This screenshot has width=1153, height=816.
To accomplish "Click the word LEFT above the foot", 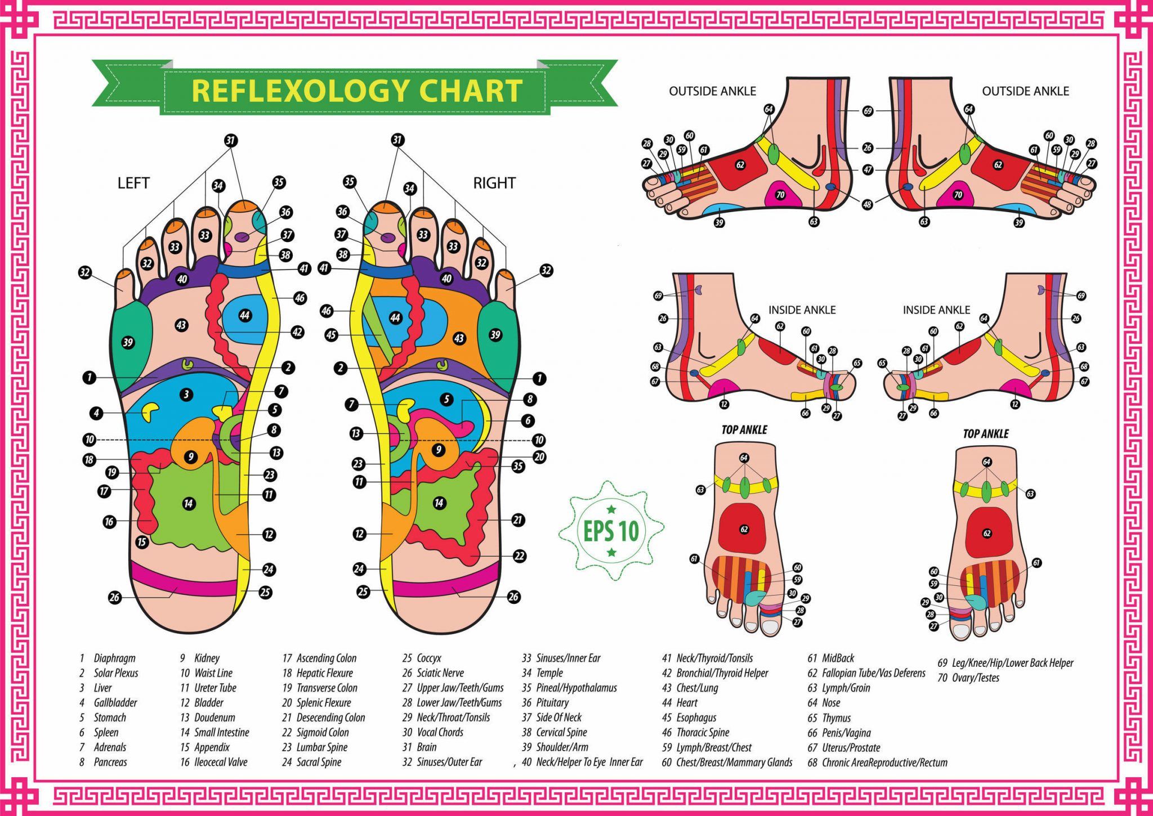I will tap(133, 183).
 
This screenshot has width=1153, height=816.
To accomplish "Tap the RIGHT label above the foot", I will tap(494, 183).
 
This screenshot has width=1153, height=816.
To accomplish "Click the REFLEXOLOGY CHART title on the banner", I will tap(357, 91).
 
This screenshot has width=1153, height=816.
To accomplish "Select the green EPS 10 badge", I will tap(611, 530).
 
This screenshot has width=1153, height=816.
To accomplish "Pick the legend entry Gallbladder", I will tap(115, 702).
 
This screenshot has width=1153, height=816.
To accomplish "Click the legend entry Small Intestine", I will tap(221, 732).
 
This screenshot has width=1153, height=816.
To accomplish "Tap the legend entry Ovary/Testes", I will tap(975, 678).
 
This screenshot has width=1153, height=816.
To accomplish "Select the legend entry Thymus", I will tap(836, 718).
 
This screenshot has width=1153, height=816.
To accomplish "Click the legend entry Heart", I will tap(686, 702).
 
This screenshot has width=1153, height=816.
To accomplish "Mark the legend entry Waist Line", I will tap(213, 672).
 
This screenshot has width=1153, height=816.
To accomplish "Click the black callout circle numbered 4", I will tap(96, 413).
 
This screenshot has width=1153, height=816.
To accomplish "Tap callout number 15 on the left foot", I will tap(141, 542).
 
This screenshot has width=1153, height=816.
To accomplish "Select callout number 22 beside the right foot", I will tap(519, 556).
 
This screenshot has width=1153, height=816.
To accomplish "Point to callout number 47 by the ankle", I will tap(868, 169).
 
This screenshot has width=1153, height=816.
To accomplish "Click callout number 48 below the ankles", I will tap(868, 204).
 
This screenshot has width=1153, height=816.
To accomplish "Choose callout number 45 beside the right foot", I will tap(331, 335).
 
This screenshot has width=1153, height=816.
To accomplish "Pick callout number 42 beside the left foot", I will tap(297, 332).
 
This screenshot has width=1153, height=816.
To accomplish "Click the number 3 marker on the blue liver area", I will tap(186, 394).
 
